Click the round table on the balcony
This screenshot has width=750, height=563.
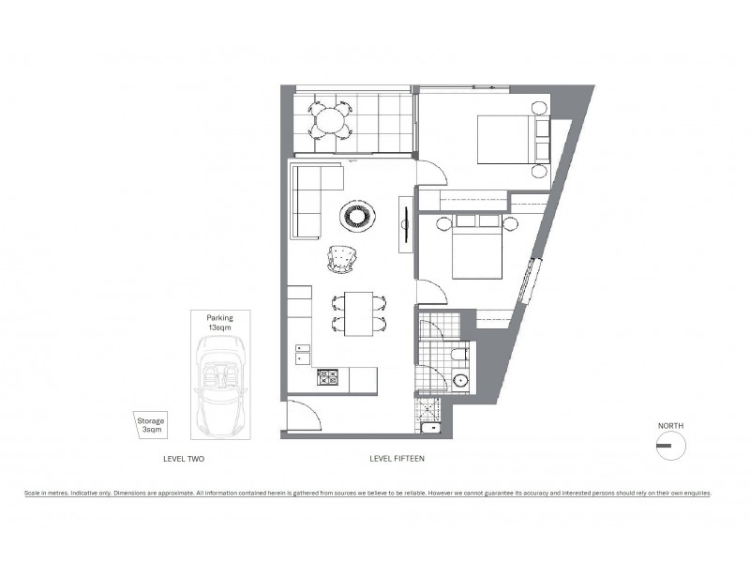pos(329,120)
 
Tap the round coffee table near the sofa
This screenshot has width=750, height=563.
pos(358,217)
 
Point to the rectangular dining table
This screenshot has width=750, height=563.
pos(358,313)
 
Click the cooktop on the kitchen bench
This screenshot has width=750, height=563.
pos(328,378)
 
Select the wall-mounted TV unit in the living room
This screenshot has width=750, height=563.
pos(405,222)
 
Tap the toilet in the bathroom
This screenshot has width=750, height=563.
pos(458,354)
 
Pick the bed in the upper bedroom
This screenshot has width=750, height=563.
pos(506,139)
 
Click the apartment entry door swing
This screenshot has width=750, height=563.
pos(303,413)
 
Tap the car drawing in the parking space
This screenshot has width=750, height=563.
pos(219,385)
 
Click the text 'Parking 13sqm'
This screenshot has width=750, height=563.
pos(219,324)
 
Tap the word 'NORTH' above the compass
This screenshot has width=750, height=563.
pos(670,426)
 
